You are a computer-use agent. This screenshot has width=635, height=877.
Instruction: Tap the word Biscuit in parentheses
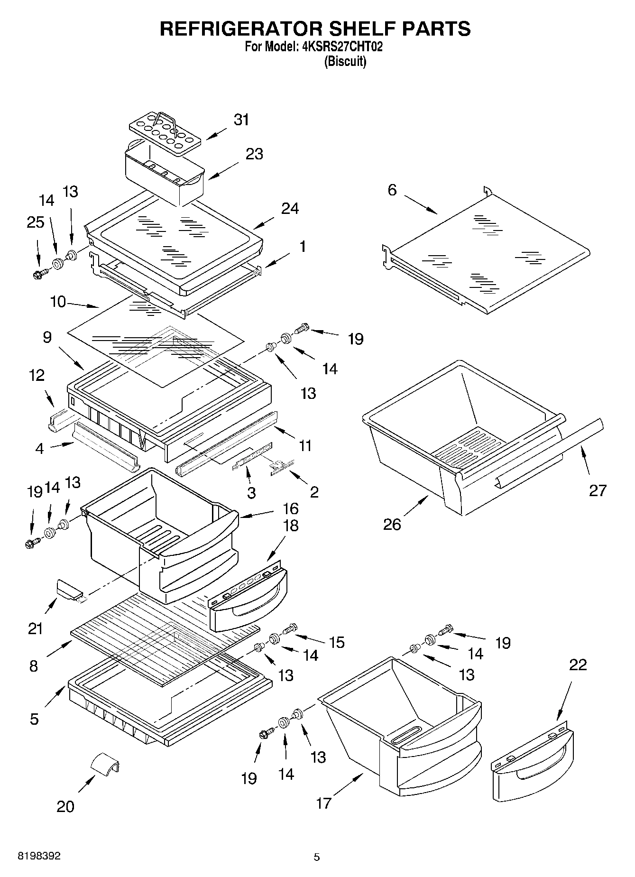(345, 62)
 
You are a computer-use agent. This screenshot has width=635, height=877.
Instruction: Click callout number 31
(241, 120)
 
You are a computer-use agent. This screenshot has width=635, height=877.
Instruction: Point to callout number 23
(254, 154)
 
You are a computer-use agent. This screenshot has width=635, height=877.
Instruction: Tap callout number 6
(392, 191)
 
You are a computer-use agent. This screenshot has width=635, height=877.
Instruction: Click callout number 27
(598, 490)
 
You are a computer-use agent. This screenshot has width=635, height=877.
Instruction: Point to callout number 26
(392, 524)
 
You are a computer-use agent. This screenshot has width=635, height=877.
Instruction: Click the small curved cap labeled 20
(105, 764)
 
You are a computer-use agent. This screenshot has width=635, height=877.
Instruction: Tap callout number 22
(578, 665)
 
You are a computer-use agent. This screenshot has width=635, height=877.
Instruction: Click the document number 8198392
(39, 856)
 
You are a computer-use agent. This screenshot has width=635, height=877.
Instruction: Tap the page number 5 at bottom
(317, 857)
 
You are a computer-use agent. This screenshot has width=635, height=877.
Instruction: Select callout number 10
(58, 301)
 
